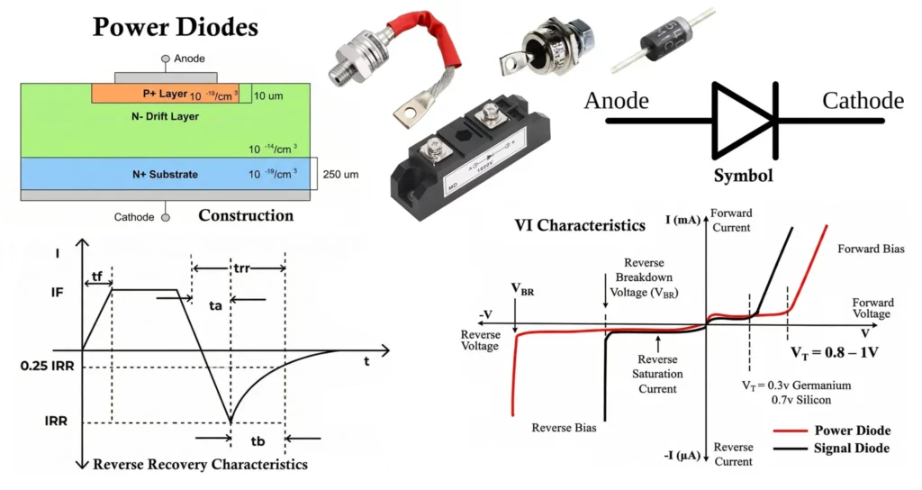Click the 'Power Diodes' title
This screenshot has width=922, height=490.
tap(176, 26)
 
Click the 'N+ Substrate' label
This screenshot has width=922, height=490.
tap(162, 173)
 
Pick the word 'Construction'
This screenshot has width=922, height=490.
tap(245, 216)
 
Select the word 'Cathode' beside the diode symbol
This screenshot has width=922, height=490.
tap(863, 100)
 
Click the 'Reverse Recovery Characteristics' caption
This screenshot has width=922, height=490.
tap(200, 465)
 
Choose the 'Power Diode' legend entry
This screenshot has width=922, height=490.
tap(851, 431)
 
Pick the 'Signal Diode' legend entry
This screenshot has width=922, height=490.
tap(851, 448)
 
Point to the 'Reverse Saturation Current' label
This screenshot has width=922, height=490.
tap(659, 373)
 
